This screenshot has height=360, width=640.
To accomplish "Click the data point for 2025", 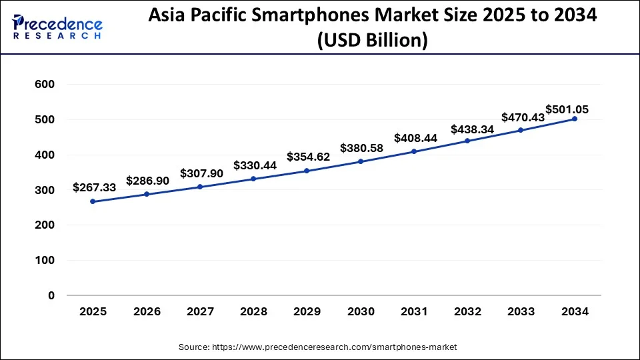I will pos(93,201).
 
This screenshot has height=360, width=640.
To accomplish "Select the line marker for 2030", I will pos(361,161).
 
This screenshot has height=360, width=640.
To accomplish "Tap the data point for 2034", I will pos(575,119).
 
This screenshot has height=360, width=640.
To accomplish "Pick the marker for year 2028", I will pos(253,179).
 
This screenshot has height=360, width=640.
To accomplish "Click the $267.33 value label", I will pos(93,188).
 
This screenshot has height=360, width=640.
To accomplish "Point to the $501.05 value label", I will pos(567,109).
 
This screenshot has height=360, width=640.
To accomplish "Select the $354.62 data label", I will pos(308,157).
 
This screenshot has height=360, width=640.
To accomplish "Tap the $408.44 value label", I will pos(415,138).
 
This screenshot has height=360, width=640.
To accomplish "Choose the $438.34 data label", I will pos(472,129).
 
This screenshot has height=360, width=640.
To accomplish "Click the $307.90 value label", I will pos(201,173).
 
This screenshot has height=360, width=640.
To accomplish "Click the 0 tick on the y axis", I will pos(50,295).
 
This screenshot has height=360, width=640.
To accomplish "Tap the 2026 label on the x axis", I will pos(146,311).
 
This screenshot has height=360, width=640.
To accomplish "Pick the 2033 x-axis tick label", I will pos(521,311).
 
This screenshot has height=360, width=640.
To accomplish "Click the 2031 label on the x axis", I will pos(414,311).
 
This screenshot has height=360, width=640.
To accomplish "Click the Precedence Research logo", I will pos(57,27).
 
